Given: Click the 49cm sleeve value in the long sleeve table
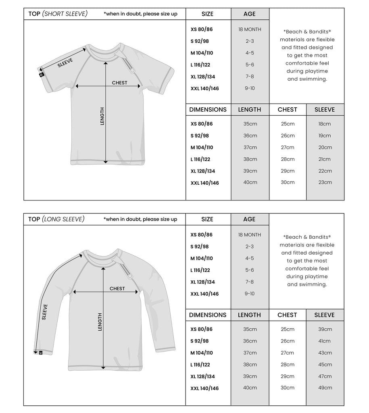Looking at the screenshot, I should (x=325, y=388).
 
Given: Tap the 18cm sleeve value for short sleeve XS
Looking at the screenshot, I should (x=325, y=124).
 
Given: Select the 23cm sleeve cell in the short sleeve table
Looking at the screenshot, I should (x=325, y=182).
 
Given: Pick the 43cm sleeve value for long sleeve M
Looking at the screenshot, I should (x=325, y=353).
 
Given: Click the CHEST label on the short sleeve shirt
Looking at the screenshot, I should (x=119, y=83).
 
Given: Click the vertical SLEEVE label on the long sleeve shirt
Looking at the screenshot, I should (x=44, y=312).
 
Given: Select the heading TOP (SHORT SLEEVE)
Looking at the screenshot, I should (x=58, y=14).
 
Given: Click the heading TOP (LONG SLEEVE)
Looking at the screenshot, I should (x=56, y=219).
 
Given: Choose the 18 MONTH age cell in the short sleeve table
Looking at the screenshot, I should (x=250, y=29).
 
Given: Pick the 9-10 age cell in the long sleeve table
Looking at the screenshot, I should (x=250, y=294).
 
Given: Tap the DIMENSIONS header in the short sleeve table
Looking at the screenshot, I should (x=208, y=110).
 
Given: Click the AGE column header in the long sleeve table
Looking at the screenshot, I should (x=250, y=219).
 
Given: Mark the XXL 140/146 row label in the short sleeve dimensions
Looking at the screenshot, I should (x=204, y=183).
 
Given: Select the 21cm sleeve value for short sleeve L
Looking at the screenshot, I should (x=325, y=159).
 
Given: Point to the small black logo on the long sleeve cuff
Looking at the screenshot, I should (x=40, y=353).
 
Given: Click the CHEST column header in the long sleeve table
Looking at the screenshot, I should (x=287, y=315).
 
